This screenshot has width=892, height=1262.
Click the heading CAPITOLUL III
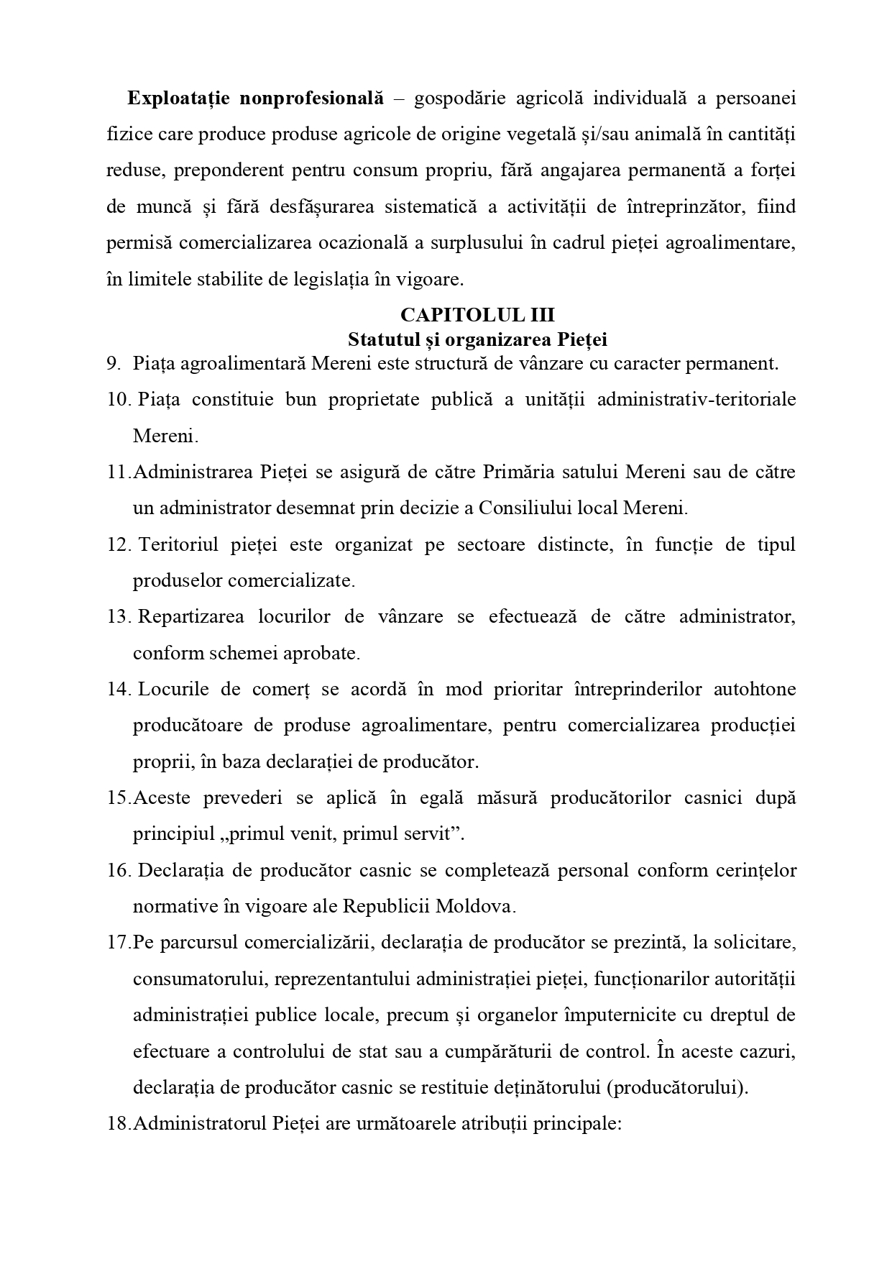[x=477, y=316]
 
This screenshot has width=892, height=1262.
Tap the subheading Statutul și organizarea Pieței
[x=478, y=339]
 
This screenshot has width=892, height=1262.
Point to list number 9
[x=114, y=363]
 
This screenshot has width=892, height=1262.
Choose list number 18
[x=118, y=1123]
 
